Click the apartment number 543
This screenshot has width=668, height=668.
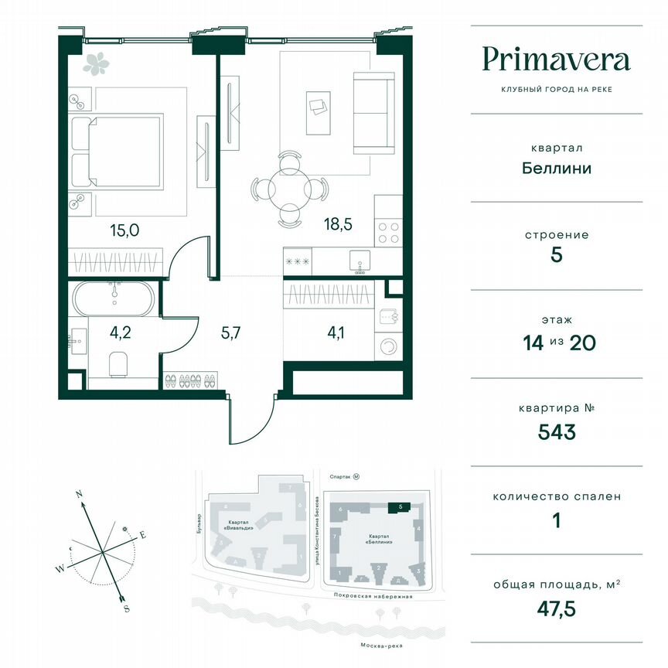coord(556,431)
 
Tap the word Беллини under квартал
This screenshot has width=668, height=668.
coord(556,167)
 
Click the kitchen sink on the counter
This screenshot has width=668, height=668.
coord(360,260)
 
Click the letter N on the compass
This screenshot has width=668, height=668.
coord(79,492)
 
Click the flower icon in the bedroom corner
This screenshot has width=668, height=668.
coord(97,63)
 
